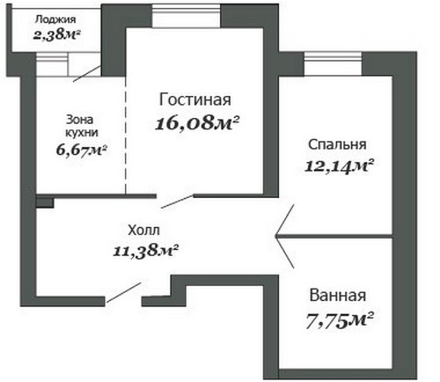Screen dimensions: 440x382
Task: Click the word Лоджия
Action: (x=55, y=19)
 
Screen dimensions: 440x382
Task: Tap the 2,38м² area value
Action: (x=56, y=35)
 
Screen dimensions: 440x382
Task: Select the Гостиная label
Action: (x=195, y=99)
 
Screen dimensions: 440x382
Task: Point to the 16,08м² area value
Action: (x=197, y=123)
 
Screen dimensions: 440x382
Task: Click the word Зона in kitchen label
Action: (x=80, y=120)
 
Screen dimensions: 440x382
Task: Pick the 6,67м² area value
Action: (x=81, y=151)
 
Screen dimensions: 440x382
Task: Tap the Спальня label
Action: (x=337, y=144)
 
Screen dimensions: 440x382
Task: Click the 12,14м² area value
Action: (x=339, y=166)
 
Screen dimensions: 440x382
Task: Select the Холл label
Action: (x=144, y=231)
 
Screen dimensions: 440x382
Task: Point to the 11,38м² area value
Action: (x=146, y=251)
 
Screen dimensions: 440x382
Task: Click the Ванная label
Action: (x=338, y=296)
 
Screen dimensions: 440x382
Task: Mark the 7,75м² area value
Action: (x=340, y=320)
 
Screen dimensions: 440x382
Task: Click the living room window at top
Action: (x=186, y=16)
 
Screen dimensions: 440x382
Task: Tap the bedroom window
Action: (x=333, y=64)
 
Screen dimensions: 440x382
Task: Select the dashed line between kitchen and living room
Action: (x=126, y=135)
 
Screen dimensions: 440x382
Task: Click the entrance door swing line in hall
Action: (x=124, y=292)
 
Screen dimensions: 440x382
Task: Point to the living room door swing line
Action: (x=177, y=202)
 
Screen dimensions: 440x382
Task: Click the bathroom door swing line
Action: (x=285, y=252)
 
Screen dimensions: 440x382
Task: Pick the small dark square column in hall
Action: (x=45, y=203)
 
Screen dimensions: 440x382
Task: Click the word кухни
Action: (x=82, y=133)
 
